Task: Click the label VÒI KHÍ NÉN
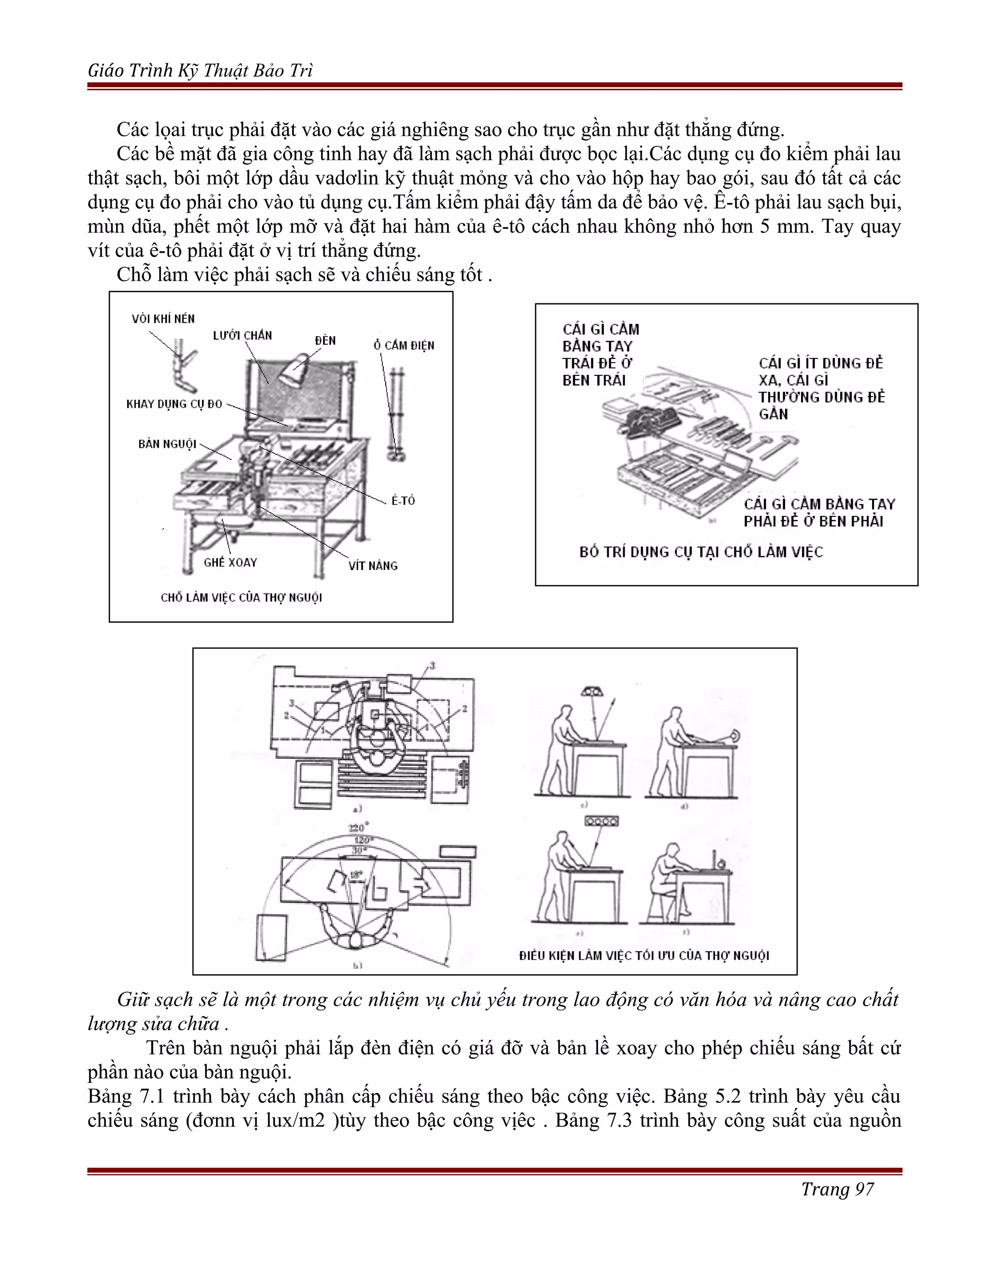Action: click(163, 319)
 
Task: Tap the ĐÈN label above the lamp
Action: click(325, 341)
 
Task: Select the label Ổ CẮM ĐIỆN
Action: click(404, 345)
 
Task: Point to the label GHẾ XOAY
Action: click(231, 562)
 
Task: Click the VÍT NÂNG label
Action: click(373, 566)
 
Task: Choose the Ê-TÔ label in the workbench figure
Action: click(403, 500)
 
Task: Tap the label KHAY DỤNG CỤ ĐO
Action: click(174, 404)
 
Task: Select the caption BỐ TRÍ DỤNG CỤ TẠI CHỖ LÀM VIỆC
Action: click(701, 552)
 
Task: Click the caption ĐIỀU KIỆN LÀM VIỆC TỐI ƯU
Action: click(644, 955)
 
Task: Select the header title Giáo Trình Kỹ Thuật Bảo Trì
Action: click(200, 71)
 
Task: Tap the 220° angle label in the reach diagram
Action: click(357, 828)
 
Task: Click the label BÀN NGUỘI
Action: click(167, 444)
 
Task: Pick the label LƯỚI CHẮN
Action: click(242, 335)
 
